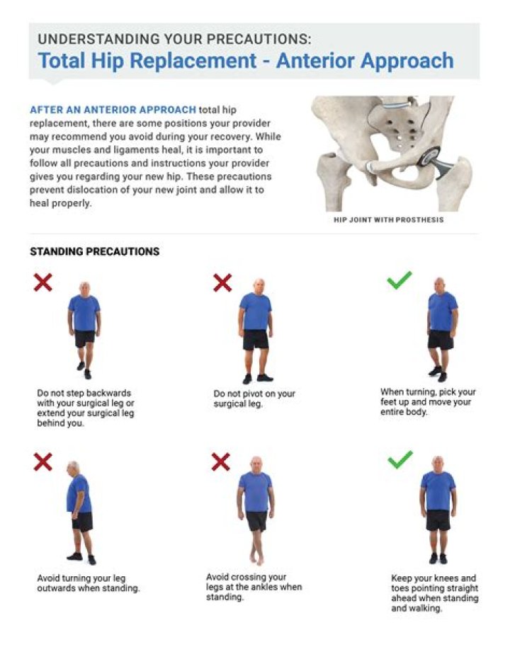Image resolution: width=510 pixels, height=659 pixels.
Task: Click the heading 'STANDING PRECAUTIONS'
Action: click(x=94, y=251)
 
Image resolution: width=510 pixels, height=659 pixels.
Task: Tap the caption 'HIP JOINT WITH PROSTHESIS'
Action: click(x=389, y=220)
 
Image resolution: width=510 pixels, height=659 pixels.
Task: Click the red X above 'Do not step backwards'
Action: click(x=43, y=282)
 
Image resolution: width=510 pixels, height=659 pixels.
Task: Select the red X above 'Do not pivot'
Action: click(x=222, y=282)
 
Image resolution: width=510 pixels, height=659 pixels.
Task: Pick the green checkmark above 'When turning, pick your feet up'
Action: click(x=399, y=281)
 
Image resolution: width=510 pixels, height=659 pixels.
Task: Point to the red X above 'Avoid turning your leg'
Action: click(x=43, y=462)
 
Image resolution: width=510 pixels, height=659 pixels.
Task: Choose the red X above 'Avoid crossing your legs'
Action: click(x=221, y=462)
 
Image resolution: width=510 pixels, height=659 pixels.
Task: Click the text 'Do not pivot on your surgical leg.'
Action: click(x=254, y=399)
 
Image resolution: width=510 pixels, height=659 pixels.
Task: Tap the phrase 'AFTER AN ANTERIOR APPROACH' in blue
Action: click(x=113, y=110)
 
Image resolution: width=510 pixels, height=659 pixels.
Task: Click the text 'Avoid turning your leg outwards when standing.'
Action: click(x=88, y=583)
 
